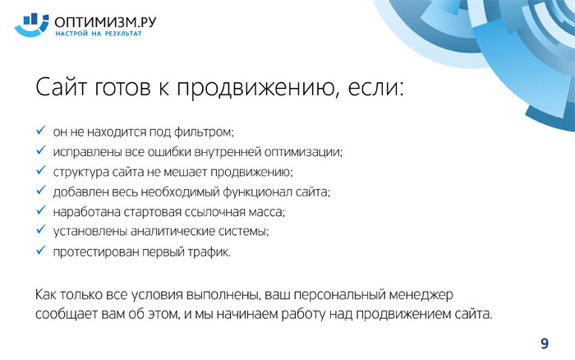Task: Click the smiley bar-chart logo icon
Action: [x=31, y=25]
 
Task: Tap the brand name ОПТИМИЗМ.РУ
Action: [x=105, y=22]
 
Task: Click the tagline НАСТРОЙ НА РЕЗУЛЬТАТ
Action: [x=99, y=34]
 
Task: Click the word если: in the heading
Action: [x=376, y=88]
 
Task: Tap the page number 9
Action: [x=545, y=344]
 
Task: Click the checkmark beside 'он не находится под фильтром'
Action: [x=41, y=130]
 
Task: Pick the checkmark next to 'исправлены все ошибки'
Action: [x=41, y=150]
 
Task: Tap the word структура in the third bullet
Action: [x=81, y=172]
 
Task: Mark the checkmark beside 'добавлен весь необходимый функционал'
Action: [x=41, y=190]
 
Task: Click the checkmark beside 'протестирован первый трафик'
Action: [x=41, y=250]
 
